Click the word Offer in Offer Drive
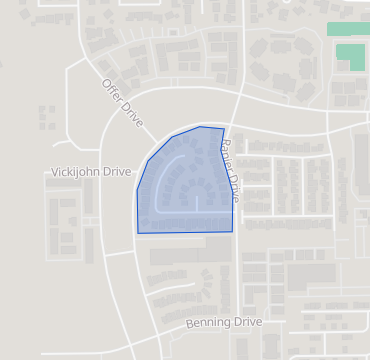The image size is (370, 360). click(x=109, y=88)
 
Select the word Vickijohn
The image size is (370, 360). click(x=77, y=172)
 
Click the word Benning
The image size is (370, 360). click(x=207, y=323)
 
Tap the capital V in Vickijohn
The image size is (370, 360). click(x=54, y=172)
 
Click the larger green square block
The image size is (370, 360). click(x=350, y=57)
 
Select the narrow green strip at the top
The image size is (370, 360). click(x=347, y=29)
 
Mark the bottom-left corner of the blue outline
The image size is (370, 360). click(x=138, y=233)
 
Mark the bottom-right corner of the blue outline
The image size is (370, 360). click(x=233, y=231)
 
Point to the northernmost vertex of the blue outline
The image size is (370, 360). click(x=205, y=127)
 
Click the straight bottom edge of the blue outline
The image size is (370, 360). click(x=185, y=232)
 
